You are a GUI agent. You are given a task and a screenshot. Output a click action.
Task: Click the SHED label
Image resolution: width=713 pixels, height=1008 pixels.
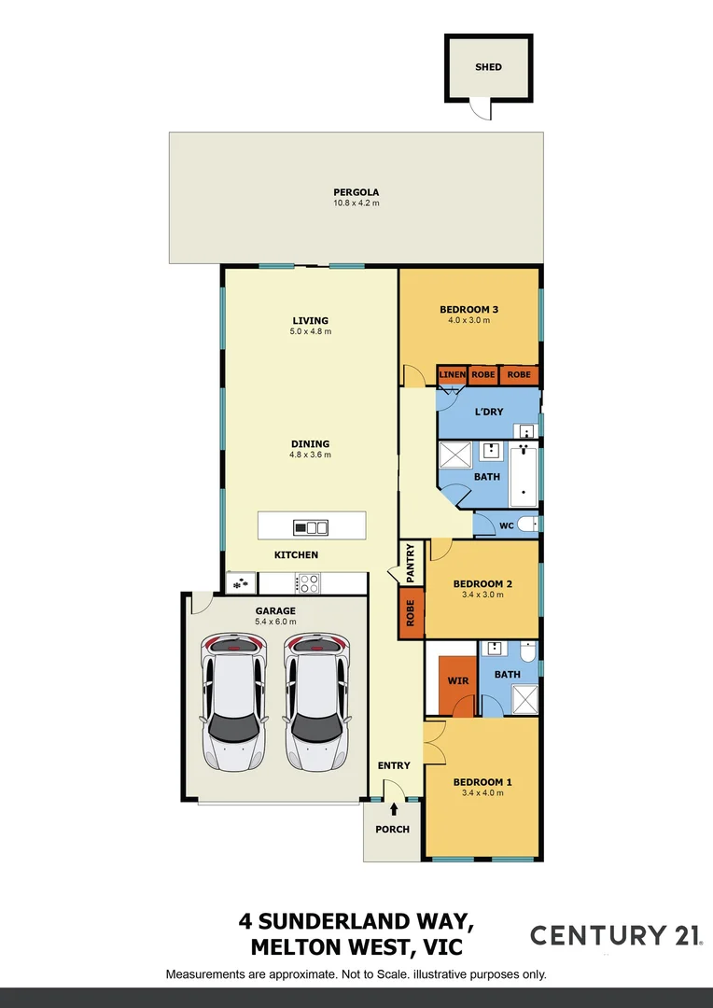488,67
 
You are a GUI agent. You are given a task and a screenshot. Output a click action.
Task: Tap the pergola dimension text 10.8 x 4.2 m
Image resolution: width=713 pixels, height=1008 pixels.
356,203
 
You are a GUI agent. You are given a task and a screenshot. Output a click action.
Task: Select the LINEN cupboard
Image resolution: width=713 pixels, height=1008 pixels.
452,375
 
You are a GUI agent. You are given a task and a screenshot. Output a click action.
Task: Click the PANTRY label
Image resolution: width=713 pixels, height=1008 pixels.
410,564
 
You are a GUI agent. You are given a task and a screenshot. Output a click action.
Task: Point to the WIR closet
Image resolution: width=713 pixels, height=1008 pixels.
457,681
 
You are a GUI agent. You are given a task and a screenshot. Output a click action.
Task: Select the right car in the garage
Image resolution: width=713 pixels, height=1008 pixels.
316,702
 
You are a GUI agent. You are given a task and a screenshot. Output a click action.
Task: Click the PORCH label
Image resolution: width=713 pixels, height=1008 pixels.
392,829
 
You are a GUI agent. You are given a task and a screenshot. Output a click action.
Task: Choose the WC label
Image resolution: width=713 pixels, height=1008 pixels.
507,525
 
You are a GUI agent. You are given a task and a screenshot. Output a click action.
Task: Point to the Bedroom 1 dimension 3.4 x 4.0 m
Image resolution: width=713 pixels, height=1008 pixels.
482,793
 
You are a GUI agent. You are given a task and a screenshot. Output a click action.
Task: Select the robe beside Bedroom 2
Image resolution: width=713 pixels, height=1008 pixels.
409,612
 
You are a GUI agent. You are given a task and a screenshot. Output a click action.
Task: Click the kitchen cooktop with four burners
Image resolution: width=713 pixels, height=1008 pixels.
308,583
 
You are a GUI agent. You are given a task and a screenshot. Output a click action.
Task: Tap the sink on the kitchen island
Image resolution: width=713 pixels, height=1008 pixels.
311,527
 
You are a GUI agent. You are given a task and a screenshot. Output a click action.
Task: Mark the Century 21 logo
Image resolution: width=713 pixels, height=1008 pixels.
616,936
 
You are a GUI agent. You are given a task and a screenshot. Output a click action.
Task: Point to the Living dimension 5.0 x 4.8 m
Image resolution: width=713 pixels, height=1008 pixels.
311,331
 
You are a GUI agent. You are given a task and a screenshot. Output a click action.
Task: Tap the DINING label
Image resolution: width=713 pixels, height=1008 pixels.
311,444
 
